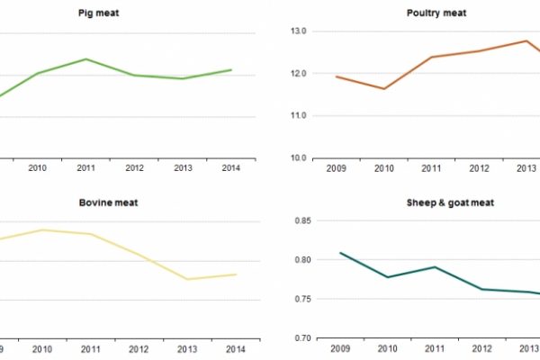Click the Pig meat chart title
coord(135,13)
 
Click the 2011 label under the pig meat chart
coord(86,167)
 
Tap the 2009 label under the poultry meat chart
coord(336,167)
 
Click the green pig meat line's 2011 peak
coord(86,59)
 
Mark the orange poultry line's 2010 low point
coord(384,89)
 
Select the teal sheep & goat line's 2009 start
coord(339,253)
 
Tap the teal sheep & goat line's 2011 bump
coord(435,266)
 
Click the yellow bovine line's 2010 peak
coord(38,229)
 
